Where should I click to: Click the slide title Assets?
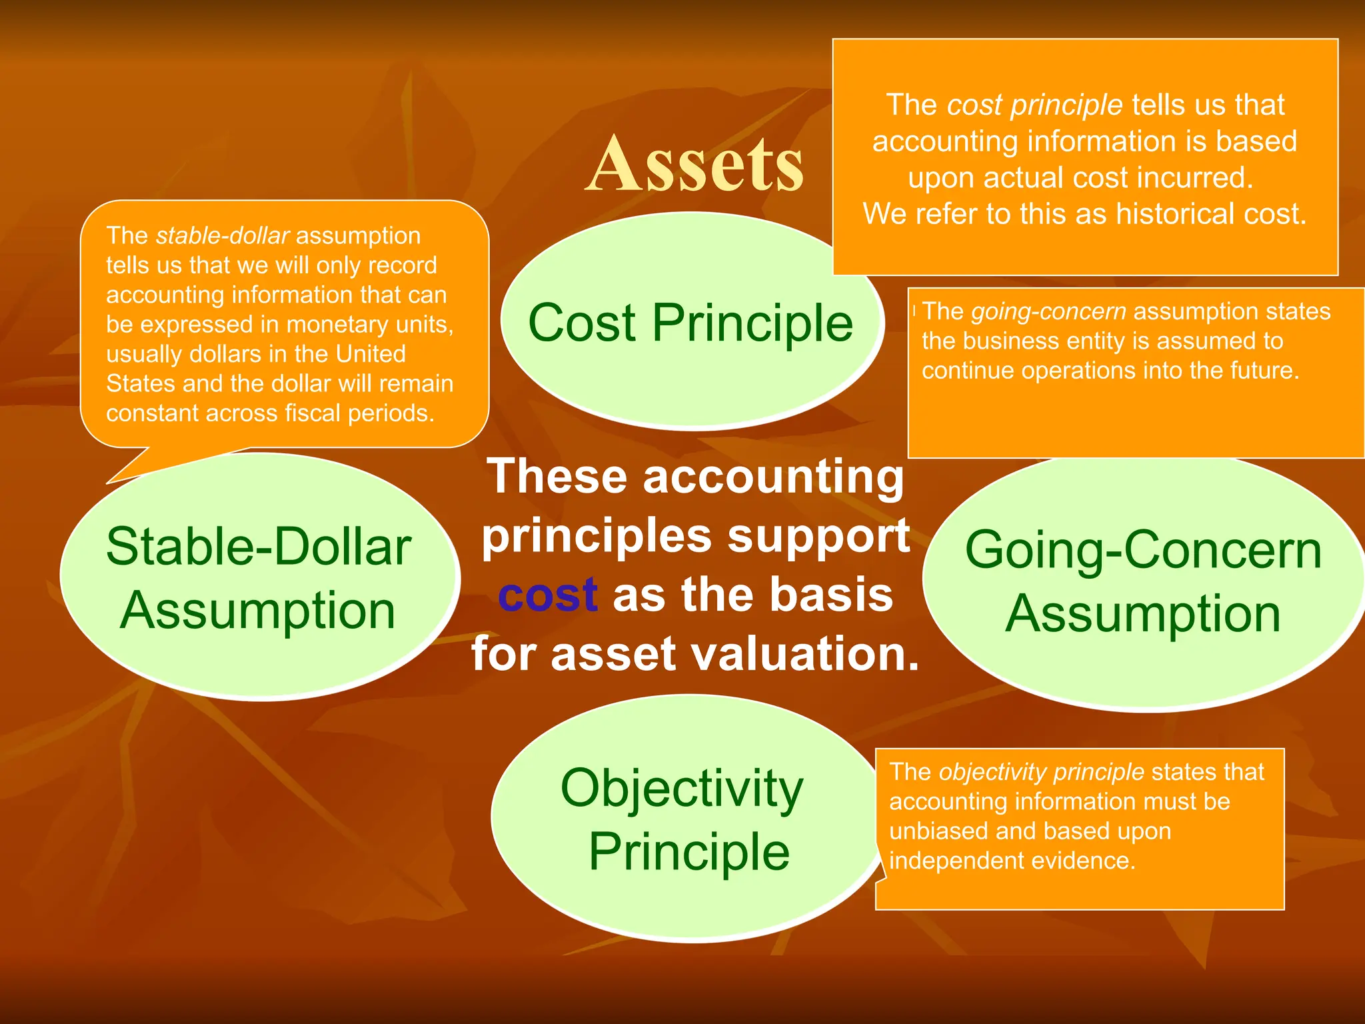click(x=695, y=165)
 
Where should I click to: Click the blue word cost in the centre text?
click(x=547, y=595)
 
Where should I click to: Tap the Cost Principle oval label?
click(x=690, y=323)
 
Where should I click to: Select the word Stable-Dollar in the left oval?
click(x=259, y=547)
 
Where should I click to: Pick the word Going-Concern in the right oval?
click(x=1143, y=550)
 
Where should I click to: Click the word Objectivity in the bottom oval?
click(x=681, y=788)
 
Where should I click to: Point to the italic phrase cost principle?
click(x=1034, y=105)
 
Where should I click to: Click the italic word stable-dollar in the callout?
click(x=222, y=235)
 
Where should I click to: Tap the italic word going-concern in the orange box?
click(x=1048, y=311)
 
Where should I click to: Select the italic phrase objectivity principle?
click(x=1041, y=771)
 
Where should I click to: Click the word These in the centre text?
click(x=557, y=476)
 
